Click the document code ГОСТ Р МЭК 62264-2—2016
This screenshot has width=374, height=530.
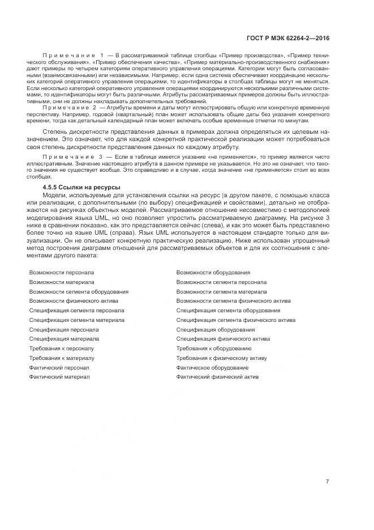(x=288, y=38)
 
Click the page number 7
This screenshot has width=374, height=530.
(x=327, y=482)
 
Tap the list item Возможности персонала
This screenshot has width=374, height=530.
(x=62, y=273)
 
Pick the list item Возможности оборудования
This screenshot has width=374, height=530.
(x=213, y=273)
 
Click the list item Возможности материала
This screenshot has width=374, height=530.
(x=62, y=282)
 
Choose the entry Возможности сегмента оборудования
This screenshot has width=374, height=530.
(x=79, y=291)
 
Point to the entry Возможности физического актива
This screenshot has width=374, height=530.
(x=74, y=301)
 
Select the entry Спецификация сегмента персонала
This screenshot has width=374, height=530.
(x=76, y=311)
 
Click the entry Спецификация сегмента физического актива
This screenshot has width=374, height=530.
(x=235, y=320)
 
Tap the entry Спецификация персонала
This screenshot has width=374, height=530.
(x=64, y=329)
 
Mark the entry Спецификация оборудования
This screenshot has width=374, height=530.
(x=215, y=329)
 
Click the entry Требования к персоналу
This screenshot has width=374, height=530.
(x=62, y=349)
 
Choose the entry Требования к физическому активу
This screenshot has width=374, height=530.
(x=221, y=358)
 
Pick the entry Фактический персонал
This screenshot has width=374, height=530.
(x=59, y=368)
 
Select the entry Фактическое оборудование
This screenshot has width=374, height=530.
(x=212, y=368)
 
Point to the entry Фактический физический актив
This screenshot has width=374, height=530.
(x=217, y=377)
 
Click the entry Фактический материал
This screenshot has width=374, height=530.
(x=59, y=377)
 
